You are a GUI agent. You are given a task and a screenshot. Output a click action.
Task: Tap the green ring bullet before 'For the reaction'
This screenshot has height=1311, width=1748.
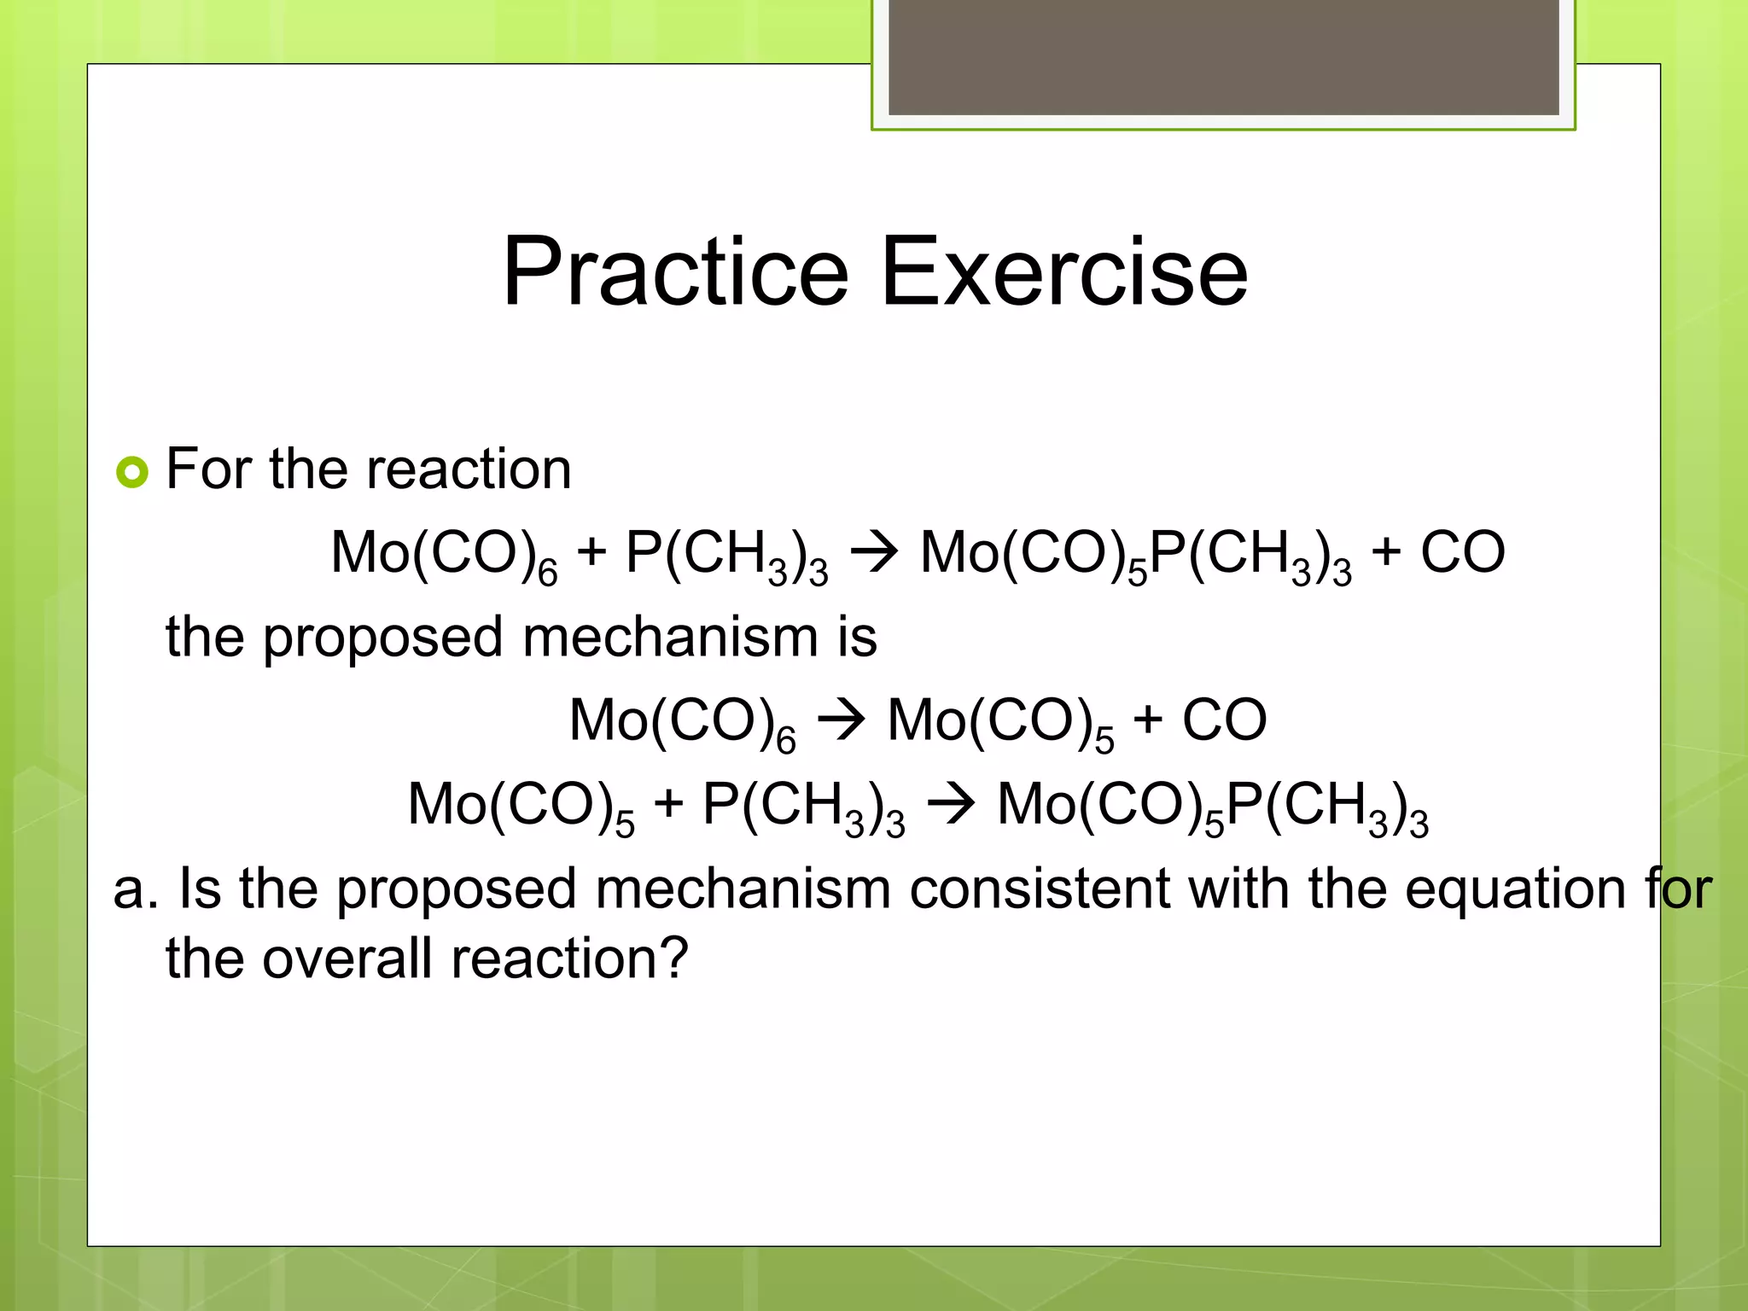click(132, 471)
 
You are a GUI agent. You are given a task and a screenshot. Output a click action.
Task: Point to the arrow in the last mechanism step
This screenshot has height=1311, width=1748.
click(951, 804)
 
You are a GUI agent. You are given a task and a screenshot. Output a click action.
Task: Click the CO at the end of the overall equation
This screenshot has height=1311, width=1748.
click(1462, 552)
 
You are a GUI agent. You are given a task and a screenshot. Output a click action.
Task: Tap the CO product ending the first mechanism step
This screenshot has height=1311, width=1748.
click(1224, 720)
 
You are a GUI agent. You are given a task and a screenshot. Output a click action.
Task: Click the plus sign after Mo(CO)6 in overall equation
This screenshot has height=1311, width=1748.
click(591, 552)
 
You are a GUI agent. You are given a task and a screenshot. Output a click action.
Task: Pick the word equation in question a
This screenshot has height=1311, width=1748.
click(1515, 889)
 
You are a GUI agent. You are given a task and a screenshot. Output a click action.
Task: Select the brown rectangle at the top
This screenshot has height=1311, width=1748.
click(1223, 56)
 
